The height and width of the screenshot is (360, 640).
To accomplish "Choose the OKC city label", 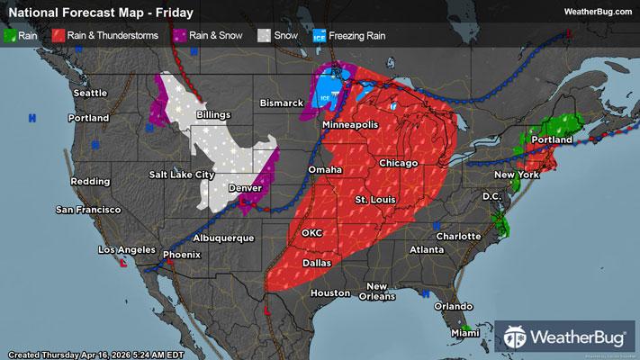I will click(311, 232).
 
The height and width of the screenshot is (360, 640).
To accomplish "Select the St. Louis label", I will click(374, 198).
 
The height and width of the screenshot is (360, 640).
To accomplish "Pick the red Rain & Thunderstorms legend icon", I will click(59, 36).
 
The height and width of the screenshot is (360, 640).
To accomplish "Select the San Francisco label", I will click(87, 210).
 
